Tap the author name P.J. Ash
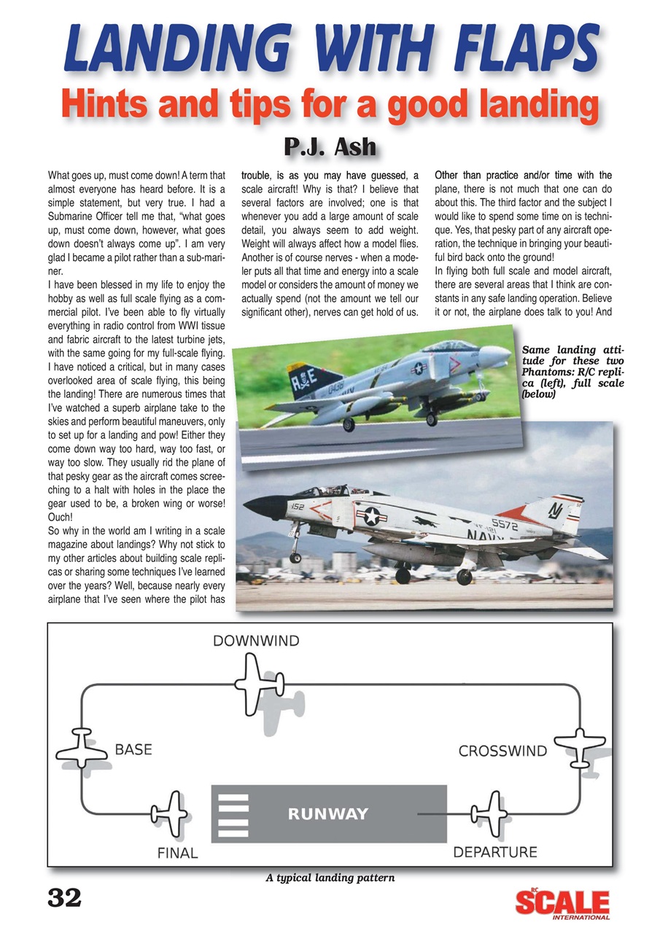pyautogui.click(x=330, y=147)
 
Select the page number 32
pyautogui.click(x=64, y=899)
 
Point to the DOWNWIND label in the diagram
pyautogui.click(x=255, y=641)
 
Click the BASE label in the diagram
pyautogui.click(x=133, y=749)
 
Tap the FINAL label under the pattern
pyautogui.click(x=178, y=852)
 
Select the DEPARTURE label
pyautogui.click(x=495, y=851)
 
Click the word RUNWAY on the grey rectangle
pyautogui.click(x=328, y=814)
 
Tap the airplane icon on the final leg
pyautogui.click(x=169, y=813)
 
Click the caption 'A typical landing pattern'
pyautogui.click(x=330, y=878)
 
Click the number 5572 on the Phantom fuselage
pyautogui.click(x=505, y=523)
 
